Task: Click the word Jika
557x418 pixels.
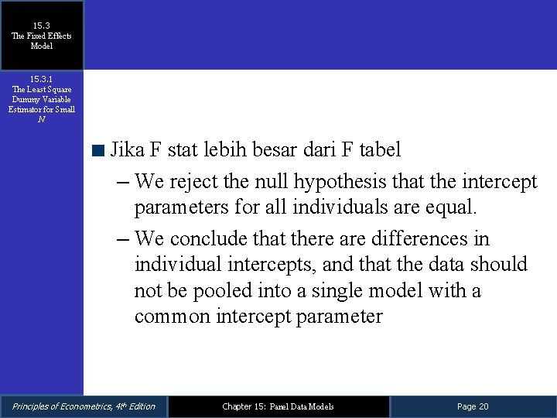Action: pyautogui.click(x=125, y=149)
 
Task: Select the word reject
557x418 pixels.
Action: pyautogui.click(x=196, y=183)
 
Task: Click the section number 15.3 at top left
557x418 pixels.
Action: pyautogui.click(x=41, y=26)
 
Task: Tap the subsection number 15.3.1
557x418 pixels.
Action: pyautogui.click(x=41, y=79)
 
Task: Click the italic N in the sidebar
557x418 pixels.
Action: pyautogui.click(x=41, y=119)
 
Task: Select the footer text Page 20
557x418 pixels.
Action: pyautogui.click(x=473, y=406)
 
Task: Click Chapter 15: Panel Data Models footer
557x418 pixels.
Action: pyautogui.click(x=278, y=406)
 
